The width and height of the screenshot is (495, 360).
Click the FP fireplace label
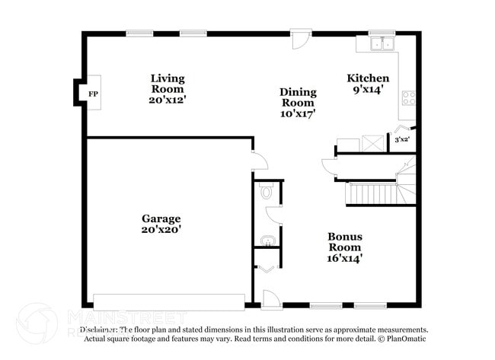click(x=93, y=94)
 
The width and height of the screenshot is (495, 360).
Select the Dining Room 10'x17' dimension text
click(x=299, y=113)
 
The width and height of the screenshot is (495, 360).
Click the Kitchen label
click(x=368, y=78)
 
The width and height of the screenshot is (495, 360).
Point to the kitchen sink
click(x=380, y=44)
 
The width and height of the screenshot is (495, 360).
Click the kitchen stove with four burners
click(x=408, y=97)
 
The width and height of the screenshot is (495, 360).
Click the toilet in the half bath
click(x=266, y=193)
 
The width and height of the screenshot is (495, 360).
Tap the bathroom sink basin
click(x=267, y=241)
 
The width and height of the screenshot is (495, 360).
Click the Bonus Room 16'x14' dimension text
click(x=345, y=258)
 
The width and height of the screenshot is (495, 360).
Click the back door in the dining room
click(x=302, y=39)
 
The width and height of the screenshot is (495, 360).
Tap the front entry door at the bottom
click(x=271, y=299)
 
